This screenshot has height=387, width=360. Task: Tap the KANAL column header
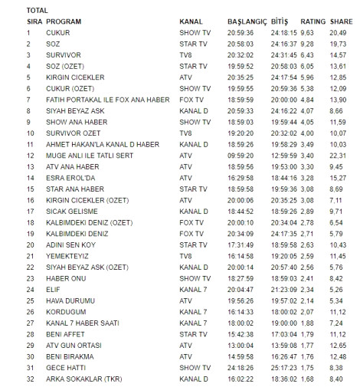click(191, 21)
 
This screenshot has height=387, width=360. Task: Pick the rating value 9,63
click(308, 32)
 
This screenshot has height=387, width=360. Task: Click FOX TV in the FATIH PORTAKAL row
click(191, 98)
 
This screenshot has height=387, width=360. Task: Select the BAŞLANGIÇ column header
click(245, 21)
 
